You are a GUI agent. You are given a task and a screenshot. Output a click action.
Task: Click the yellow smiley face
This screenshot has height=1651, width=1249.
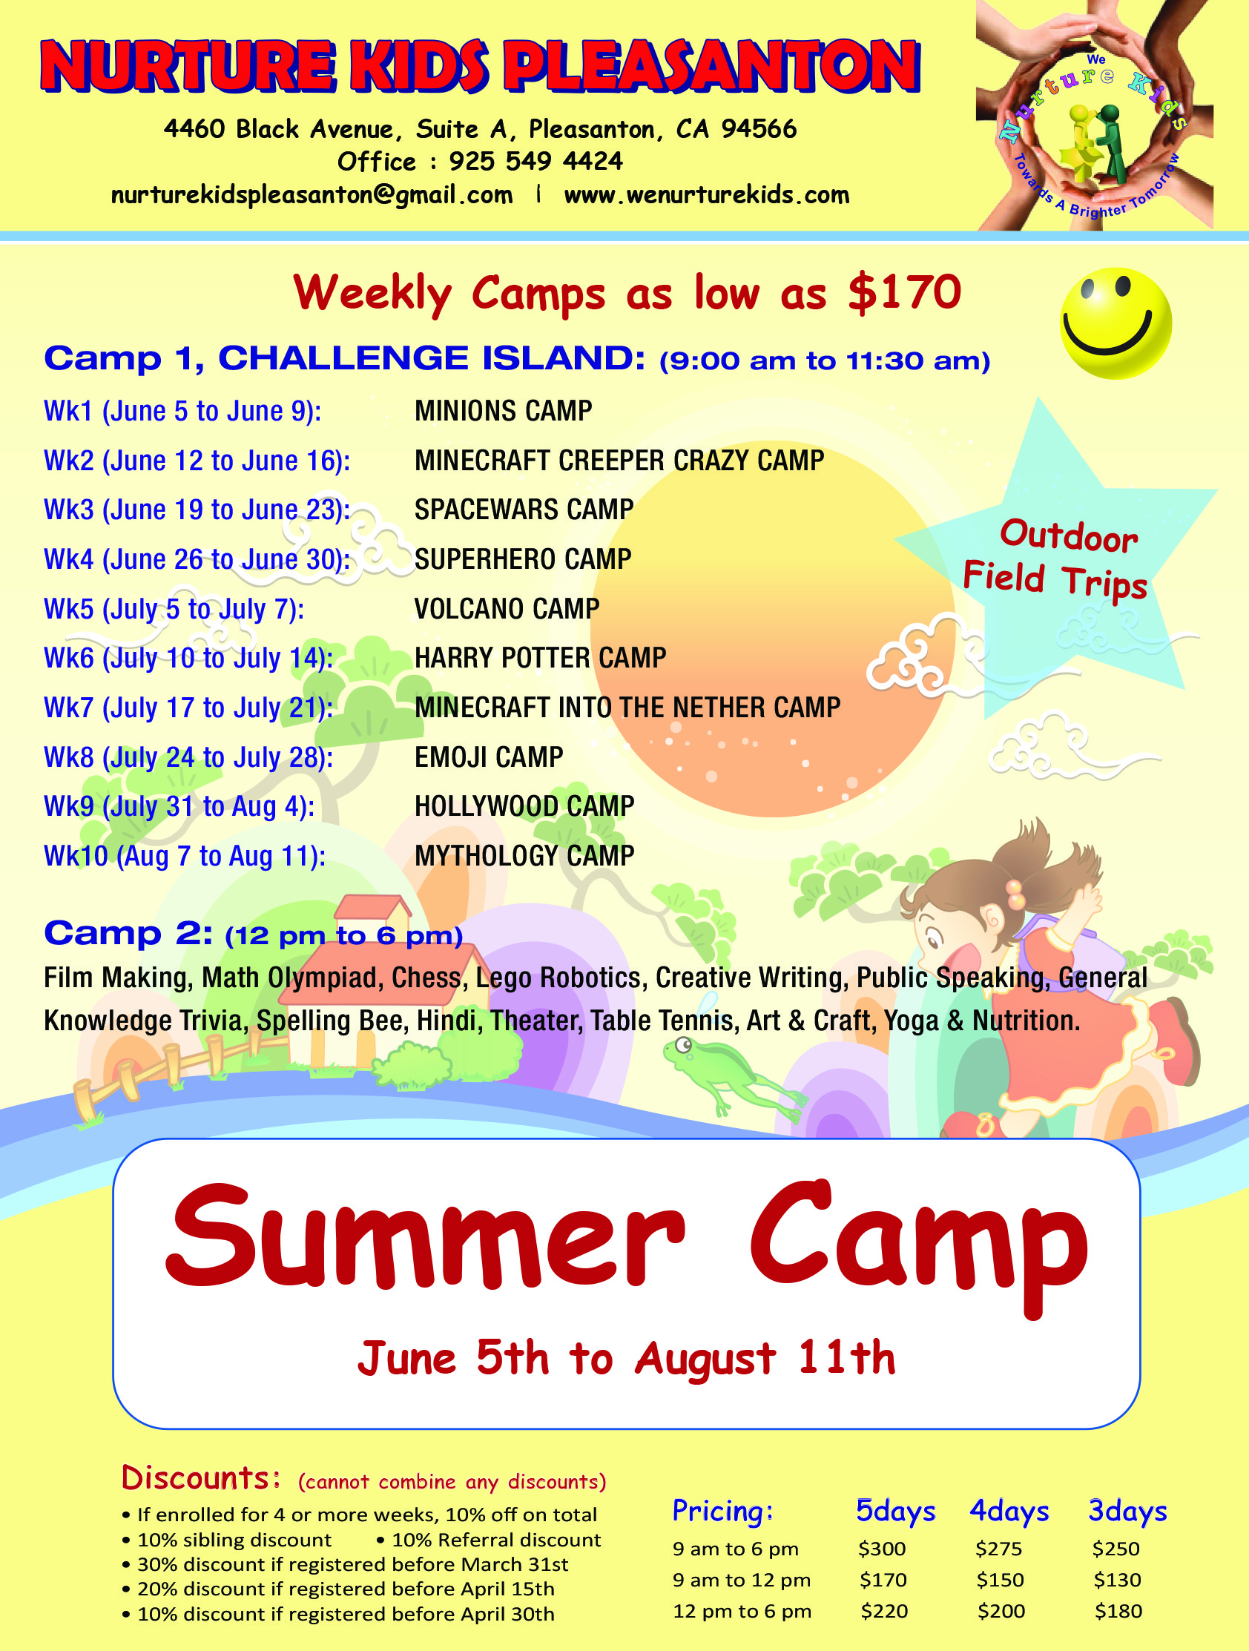click(x=1115, y=323)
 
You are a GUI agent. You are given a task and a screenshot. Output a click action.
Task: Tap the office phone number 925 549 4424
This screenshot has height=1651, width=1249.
click(x=536, y=161)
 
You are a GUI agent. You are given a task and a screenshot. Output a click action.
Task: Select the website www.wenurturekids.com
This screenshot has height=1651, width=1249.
click(x=706, y=195)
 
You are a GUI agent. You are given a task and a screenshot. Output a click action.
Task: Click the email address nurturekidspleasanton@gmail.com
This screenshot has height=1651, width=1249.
click(x=312, y=195)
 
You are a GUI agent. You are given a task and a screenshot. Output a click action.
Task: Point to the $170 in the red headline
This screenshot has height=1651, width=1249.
click(x=905, y=291)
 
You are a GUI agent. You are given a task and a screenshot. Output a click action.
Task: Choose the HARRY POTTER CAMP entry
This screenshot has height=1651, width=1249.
click(x=540, y=658)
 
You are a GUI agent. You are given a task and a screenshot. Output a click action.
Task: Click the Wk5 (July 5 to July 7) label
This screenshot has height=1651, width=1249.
click(x=174, y=609)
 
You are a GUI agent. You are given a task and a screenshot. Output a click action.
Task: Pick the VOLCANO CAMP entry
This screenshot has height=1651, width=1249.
click(x=507, y=608)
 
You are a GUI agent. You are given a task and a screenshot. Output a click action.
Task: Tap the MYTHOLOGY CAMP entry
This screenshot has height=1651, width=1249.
click(x=524, y=855)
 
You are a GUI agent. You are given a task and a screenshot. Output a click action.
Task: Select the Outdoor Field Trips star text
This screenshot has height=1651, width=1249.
click(x=1055, y=559)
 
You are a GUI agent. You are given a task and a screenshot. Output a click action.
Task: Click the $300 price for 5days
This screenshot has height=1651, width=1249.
click(x=882, y=1549)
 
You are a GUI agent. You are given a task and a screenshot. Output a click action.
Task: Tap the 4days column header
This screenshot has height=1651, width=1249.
click(x=1009, y=1512)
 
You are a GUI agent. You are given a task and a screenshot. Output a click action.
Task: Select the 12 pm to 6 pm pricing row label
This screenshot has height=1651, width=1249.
click(x=742, y=1612)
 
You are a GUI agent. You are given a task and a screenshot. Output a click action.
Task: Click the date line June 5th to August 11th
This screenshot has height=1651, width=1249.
click(x=627, y=1358)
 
